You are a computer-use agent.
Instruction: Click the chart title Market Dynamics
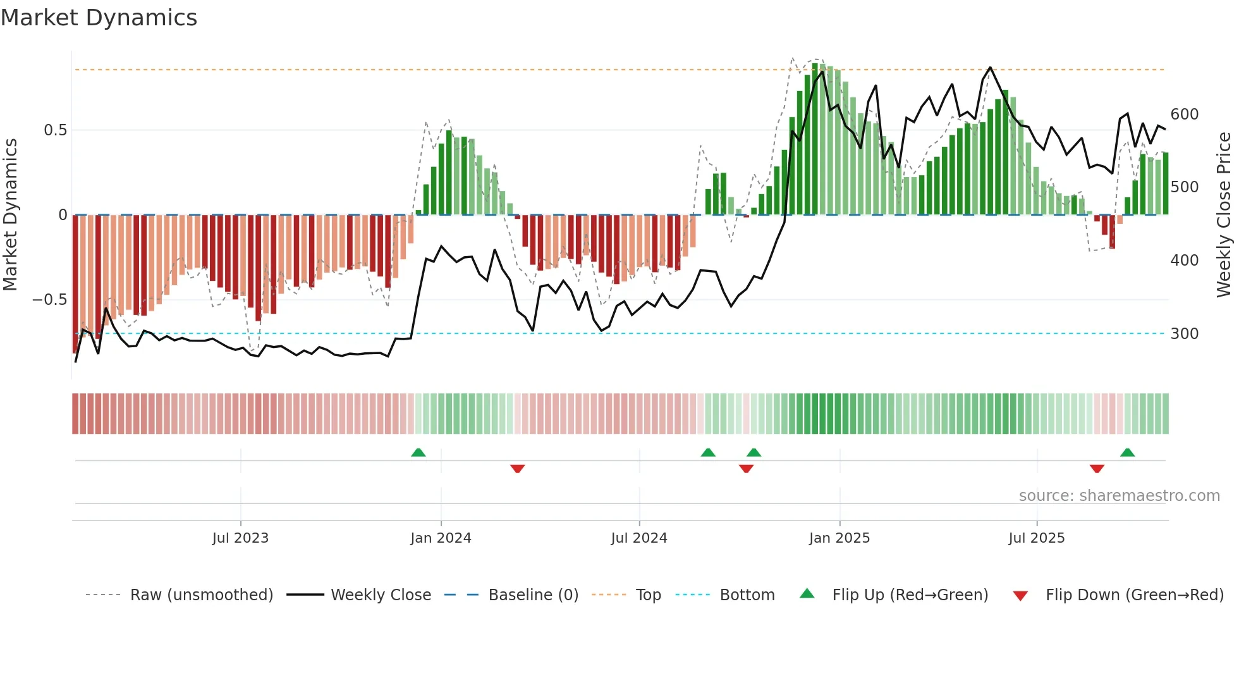99,18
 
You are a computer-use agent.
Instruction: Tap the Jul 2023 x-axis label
240,538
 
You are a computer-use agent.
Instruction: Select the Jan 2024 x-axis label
441,538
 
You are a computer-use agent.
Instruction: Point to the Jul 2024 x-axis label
638,538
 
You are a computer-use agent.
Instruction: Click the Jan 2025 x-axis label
839,538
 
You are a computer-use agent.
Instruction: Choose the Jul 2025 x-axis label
1036,538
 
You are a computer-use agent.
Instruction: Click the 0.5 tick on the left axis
55,130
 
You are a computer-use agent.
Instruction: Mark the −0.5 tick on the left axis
50,300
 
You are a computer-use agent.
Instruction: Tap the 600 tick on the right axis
1184,114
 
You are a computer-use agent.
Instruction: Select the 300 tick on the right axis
1184,334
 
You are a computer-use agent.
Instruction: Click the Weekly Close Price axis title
1224,215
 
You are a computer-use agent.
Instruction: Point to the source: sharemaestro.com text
1119,496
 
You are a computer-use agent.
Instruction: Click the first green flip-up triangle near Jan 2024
418,453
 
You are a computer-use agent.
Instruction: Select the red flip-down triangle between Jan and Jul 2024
517,469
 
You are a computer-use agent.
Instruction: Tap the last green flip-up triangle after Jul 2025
1127,453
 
